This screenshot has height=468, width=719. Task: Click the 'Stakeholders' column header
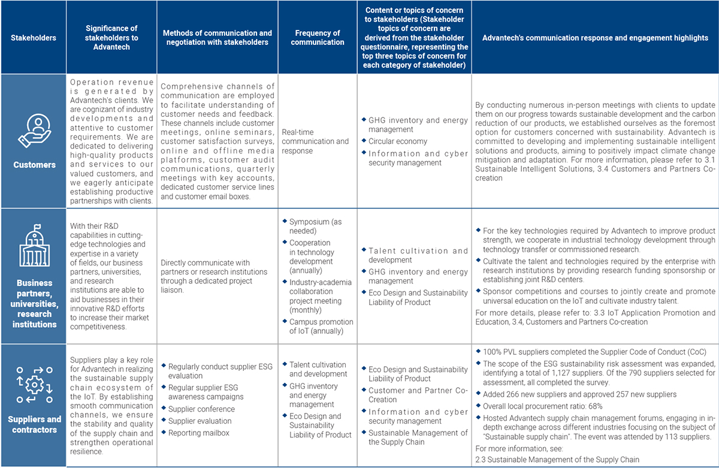(x=34, y=38)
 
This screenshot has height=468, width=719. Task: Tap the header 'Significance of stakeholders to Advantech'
(x=111, y=38)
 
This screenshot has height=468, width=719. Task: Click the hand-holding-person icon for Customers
(x=34, y=131)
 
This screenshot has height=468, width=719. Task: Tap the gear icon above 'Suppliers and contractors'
(x=34, y=383)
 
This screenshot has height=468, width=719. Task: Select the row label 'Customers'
(x=34, y=165)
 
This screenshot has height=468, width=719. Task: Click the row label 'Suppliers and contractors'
(x=34, y=424)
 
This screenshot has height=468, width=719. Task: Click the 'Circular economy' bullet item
(x=398, y=141)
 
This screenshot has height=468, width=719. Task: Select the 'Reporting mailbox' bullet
(x=198, y=433)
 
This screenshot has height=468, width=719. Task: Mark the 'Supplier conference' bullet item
(x=201, y=409)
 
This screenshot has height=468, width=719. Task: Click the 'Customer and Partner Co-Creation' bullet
(x=418, y=395)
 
